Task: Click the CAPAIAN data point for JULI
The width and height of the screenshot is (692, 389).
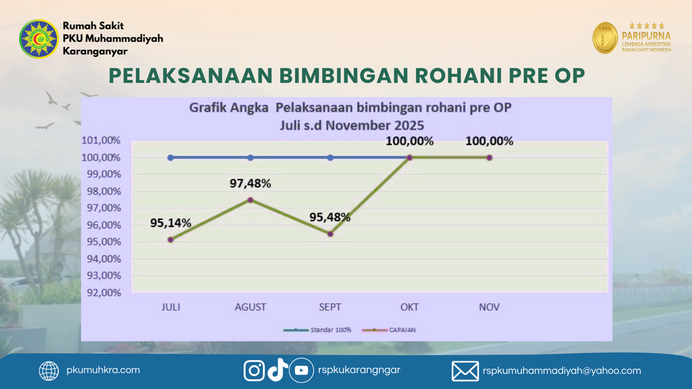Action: click(170, 239)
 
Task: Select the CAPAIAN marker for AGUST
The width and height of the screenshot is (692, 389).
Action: click(250, 200)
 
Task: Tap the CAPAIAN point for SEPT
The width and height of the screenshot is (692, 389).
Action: click(330, 234)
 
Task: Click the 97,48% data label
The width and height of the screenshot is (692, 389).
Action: click(250, 184)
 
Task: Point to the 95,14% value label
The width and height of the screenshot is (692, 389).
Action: click(170, 223)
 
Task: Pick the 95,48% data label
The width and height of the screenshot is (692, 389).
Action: click(330, 217)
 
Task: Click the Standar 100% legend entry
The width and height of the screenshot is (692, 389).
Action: click(317, 330)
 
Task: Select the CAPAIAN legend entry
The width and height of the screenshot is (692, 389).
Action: click(389, 330)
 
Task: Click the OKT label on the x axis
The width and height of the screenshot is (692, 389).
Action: click(409, 307)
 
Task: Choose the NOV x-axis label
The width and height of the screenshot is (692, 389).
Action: click(489, 307)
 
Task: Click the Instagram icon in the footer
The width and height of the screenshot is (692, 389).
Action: click(254, 371)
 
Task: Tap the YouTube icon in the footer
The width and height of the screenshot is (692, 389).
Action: click(301, 371)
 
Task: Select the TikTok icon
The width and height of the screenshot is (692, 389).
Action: click(278, 370)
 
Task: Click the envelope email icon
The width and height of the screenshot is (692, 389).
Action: click(465, 371)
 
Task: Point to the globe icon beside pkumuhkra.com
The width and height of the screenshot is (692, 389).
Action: click(49, 371)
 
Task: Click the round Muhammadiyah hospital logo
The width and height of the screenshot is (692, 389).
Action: click(39, 39)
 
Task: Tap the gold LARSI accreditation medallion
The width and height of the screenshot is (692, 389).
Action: click(605, 38)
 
